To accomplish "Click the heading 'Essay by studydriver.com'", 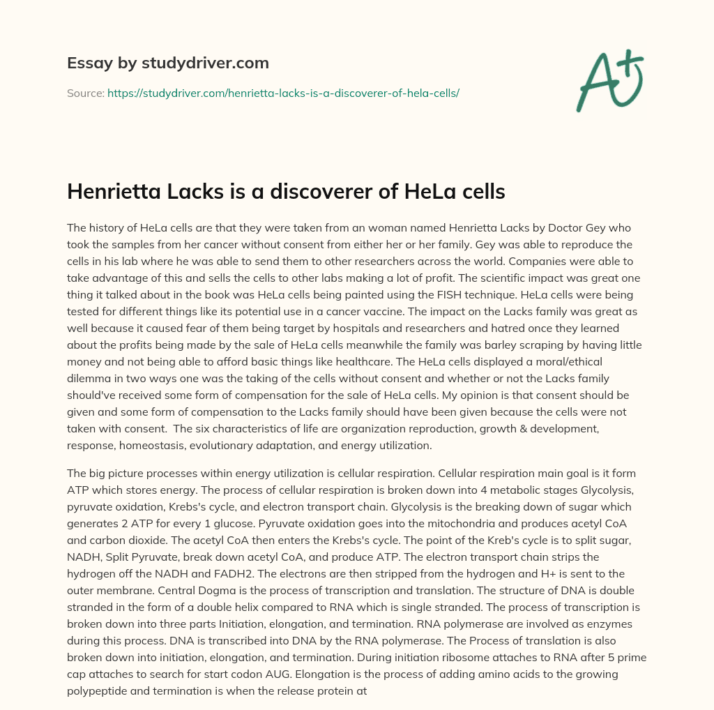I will pos(168,63).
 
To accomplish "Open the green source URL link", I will pos(282,93).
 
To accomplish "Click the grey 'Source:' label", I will pos(85,93).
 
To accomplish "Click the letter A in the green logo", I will pos(596,82).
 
